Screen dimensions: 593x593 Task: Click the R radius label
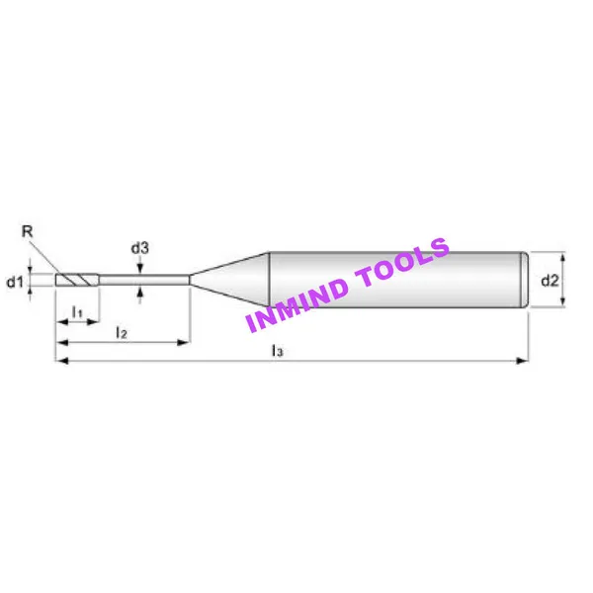[28, 230]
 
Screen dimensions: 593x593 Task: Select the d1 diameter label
[15, 282]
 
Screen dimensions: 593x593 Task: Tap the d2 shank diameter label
[550, 281]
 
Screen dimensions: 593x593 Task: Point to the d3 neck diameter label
[140, 248]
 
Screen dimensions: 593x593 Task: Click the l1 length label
[77, 312]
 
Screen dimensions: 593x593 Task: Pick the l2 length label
[122, 332]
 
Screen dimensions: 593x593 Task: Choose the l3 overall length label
[277, 351]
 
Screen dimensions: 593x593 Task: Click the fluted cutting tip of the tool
[77, 280]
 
